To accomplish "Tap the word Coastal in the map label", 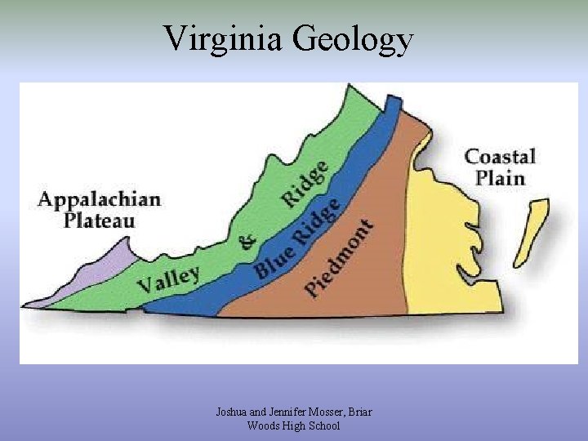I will click(x=500, y=157).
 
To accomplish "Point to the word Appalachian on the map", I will click(x=99, y=200).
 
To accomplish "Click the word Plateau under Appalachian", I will click(x=100, y=220).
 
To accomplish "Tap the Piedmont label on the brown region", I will click(x=339, y=257).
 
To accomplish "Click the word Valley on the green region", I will click(x=168, y=279).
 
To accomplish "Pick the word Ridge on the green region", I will click(x=304, y=184).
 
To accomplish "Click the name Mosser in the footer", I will click(x=321, y=412).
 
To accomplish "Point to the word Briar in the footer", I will click(x=359, y=412).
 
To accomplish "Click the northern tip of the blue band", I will click(x=394, y=100).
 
